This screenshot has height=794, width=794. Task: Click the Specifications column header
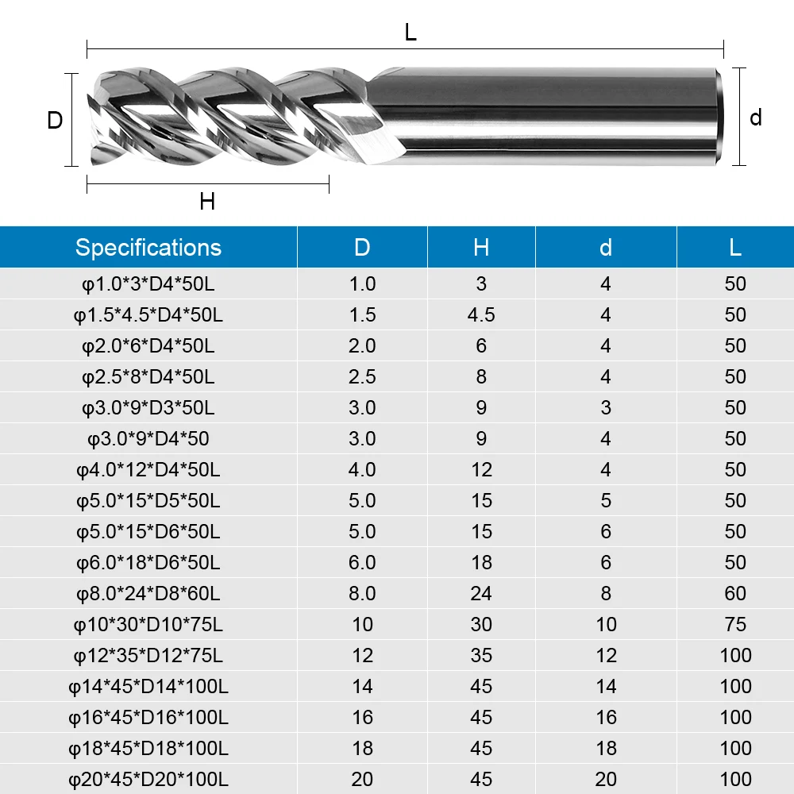(x=148, y=247)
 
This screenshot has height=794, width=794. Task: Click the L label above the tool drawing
(x=410, y=33)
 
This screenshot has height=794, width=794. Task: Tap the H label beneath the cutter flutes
(x=207, y=202)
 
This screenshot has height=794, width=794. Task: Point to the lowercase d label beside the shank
(x=755, y=118)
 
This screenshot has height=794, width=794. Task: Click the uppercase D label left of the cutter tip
(x=55, y=121)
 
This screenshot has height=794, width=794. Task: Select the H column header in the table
(x=481, y=247)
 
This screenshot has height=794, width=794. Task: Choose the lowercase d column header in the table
(x=606, y=247)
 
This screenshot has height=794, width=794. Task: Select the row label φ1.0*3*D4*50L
(x=148, y=283)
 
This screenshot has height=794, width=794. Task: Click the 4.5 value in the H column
(x=481, y=314)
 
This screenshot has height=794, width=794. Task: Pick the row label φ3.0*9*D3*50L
(x=148, y=407)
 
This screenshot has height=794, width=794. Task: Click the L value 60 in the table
(x=735, y=593)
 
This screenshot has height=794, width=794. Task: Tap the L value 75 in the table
(x=735, y=624)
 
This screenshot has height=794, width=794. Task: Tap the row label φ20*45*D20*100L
(x=148, y=779)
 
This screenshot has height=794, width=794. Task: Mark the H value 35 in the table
(x=481, y=655)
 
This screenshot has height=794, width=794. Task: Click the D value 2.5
(x=362, y=376)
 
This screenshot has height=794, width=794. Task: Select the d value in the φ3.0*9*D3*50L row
(x=606, y=407)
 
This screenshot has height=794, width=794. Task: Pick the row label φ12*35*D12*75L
(x=148, y=655)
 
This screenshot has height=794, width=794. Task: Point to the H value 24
(x=481, y=593)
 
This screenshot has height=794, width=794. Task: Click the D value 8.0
(x=362, y=593)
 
